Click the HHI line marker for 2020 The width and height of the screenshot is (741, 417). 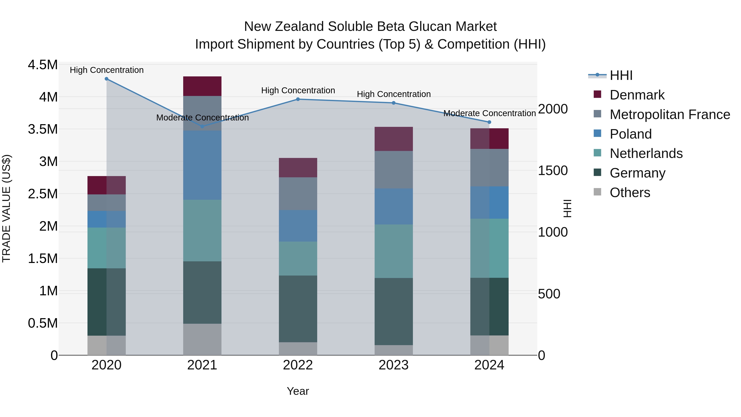(x=106, y=79)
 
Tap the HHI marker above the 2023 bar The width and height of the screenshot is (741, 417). (x=394, y=103)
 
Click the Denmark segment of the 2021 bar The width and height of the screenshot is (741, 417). (x=202, y=86)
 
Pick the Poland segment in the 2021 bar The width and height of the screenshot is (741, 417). (x=202, y=165)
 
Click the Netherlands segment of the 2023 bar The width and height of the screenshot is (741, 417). (x=394, y=251)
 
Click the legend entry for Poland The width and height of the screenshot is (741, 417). (x=630, y=134)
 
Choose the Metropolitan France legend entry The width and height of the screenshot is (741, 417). (x=670, y=114)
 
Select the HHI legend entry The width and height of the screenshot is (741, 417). (x=621, y=75)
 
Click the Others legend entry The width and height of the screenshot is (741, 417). (x=630, y=193)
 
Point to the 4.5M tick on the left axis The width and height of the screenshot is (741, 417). (x=43, y=65)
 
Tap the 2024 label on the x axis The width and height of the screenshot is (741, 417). (x=489, y=365)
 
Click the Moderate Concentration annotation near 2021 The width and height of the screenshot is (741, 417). (x=202, y=118)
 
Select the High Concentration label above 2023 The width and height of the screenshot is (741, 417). (x=394, y=94)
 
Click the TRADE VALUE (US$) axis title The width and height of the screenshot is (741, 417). (x=6, y=208)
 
